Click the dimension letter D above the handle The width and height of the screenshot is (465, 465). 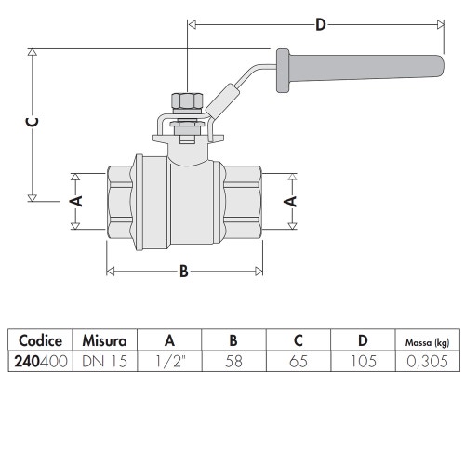(320, 25)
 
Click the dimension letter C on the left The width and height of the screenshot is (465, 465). (32, 122)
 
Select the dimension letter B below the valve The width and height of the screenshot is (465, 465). (183, 271)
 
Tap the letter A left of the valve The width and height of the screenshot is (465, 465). (78, 200)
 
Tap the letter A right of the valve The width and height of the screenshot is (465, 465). (289, 200)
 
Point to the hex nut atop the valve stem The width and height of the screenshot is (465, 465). (187, 100)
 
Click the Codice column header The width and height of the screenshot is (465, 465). (40, 339)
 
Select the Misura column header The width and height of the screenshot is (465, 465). (105, 339)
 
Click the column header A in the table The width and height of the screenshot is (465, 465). (169, 339)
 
